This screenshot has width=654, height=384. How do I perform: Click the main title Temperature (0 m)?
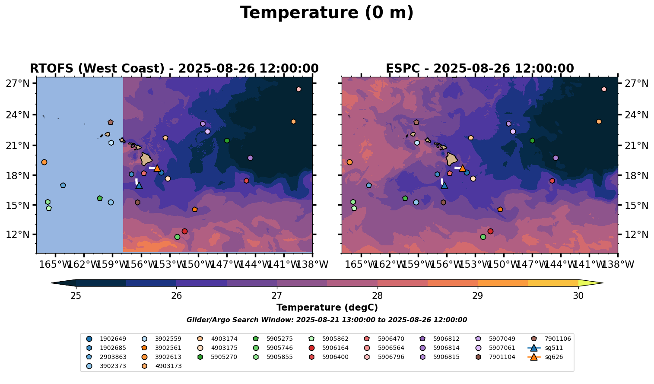(327, 13)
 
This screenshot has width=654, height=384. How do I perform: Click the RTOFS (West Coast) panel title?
(174, 69)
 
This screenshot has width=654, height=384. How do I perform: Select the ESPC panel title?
(479, 69)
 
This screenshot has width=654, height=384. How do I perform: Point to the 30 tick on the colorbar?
(578, 296)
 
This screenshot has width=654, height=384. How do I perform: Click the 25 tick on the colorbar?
(76, 296)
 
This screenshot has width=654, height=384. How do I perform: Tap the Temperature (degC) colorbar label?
(327, 308)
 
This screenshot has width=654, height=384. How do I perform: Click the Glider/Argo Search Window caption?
(327, 320)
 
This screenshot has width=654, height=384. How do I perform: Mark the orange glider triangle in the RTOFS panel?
(157, 168)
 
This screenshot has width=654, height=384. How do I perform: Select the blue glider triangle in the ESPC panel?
(444, 185)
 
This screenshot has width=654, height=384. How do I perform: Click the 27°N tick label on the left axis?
(18, 83)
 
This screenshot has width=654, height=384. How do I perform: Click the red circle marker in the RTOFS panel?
(184, 231)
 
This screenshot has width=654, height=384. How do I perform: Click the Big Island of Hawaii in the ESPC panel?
(452, 159)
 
